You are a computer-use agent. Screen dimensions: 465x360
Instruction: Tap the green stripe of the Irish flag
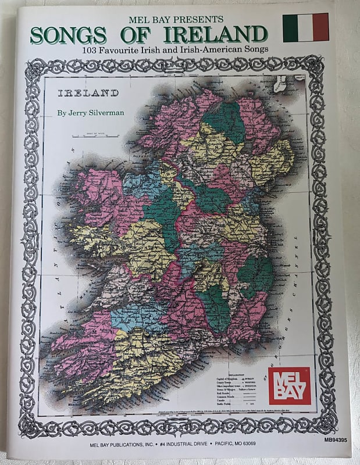[290, 27]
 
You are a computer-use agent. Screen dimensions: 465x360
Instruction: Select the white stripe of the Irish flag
[305, 27]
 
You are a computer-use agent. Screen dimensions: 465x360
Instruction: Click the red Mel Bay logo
[289, 385]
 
